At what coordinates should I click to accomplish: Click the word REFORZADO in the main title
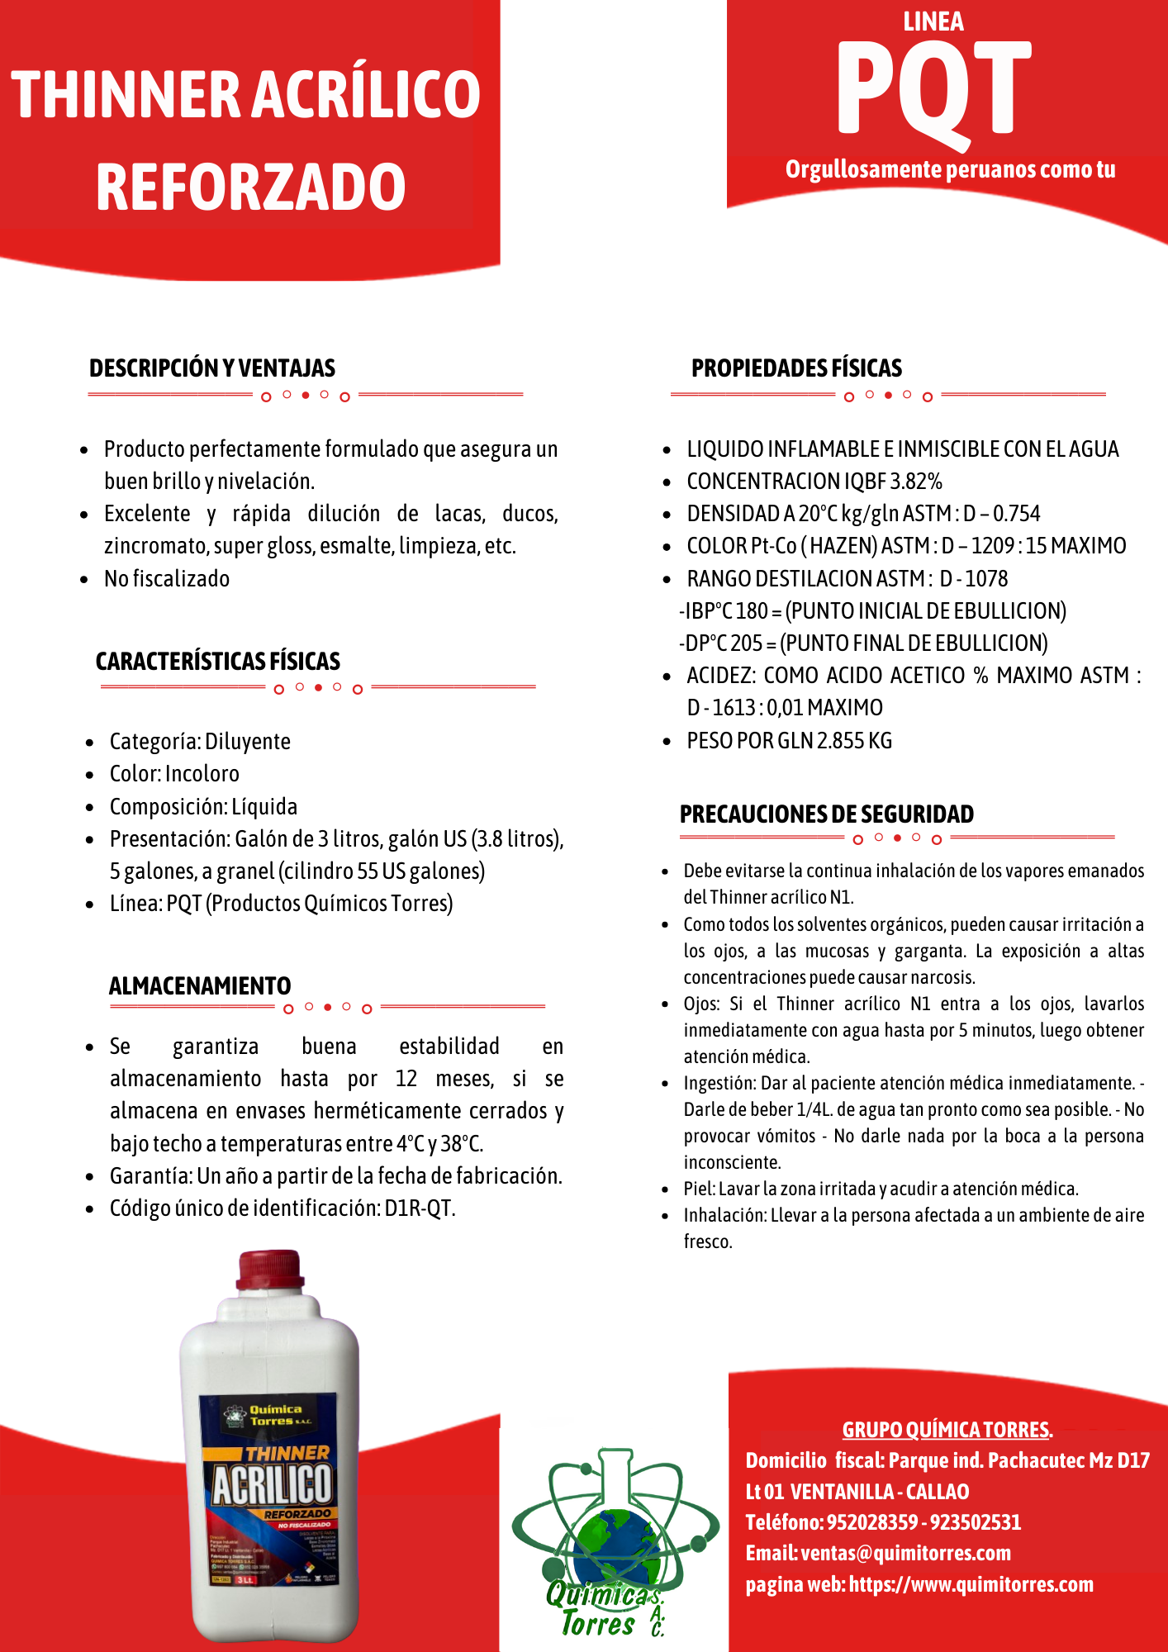[250, 187]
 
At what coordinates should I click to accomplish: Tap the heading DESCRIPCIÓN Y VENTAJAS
[212, 368]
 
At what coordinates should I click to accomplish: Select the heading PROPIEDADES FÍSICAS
[796, 368]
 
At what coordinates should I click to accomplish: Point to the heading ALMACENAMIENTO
[200, 986]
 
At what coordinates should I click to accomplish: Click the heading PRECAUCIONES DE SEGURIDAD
[826, 814]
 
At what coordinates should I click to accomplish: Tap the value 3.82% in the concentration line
[916, 482]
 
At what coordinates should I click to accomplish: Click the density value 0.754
[1016, 514]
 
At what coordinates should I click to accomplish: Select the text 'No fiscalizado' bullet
[167, 579]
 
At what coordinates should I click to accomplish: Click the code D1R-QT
[420, 1208]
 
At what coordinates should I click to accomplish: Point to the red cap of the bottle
[269, 1270]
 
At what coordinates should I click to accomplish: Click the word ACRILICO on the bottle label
[273, 1484]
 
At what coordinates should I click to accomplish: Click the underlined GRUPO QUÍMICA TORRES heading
[947, 1430]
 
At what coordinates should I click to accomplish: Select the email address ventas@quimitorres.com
[905, 1553]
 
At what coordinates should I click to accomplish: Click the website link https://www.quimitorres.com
[971, 1584]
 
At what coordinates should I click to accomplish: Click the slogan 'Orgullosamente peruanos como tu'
[950, 169]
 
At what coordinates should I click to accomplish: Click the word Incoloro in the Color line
[202, 774]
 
